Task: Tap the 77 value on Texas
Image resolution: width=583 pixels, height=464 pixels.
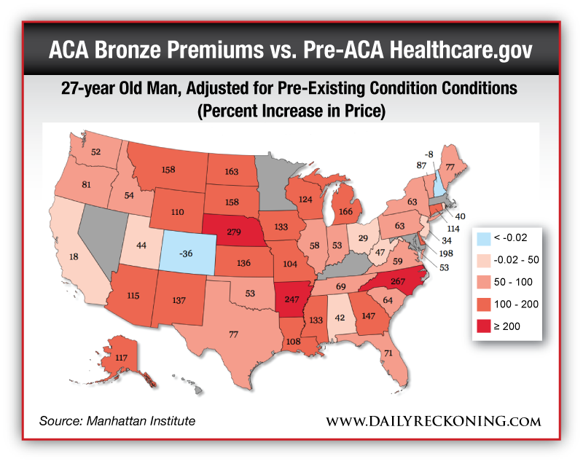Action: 234,334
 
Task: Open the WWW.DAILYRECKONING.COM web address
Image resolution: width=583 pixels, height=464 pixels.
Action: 433,422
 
